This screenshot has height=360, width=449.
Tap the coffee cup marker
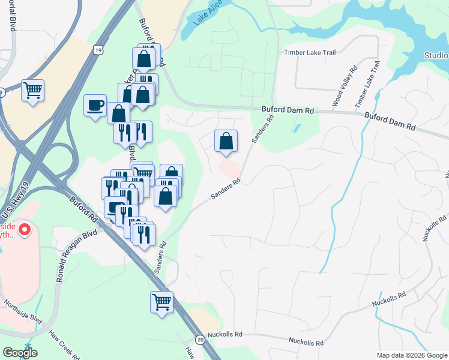(x=95, y=106)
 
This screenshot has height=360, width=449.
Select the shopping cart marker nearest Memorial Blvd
(x=32, y=91)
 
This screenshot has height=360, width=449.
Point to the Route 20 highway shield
(x=200, y=339)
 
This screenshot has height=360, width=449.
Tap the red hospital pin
(x=24, y=229)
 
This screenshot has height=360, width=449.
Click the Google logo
(x=20, y=353)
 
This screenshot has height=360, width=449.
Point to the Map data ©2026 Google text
(x=411, y=355)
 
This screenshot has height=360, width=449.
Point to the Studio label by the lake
(x=436, y=56)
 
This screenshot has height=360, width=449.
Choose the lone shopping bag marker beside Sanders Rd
(x=226, y=142)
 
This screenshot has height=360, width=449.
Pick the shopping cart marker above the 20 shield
(x=161, y=302)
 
